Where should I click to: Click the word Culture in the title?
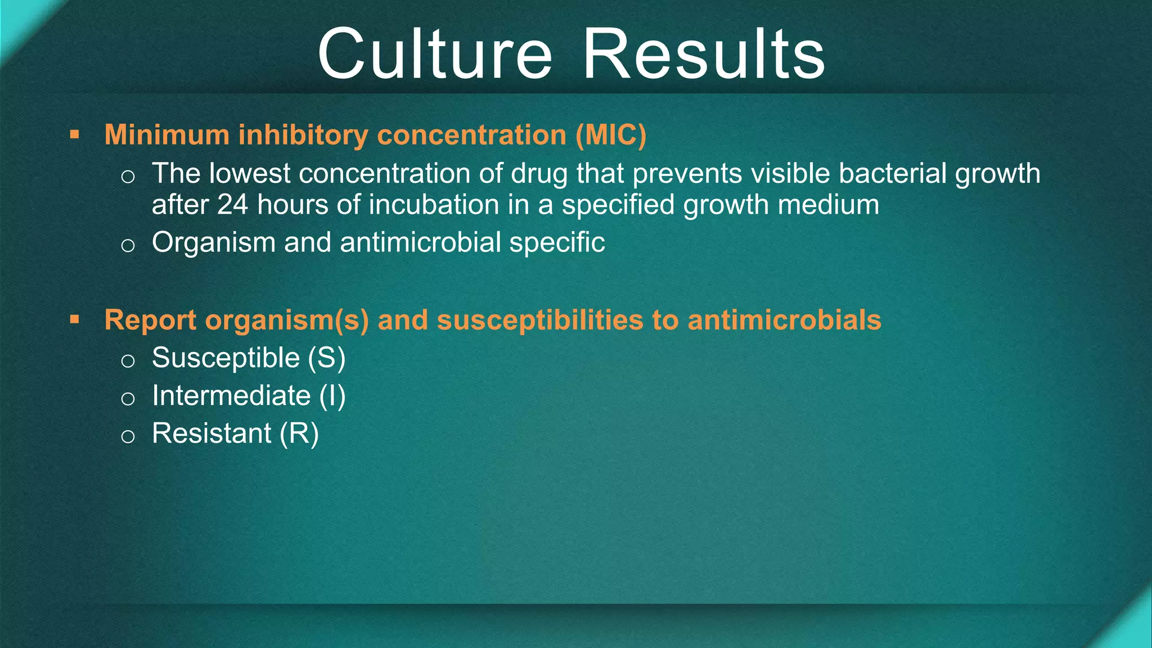435,55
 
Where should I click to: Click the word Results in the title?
704,55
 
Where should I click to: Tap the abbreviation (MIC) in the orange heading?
610,135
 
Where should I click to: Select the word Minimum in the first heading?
166,135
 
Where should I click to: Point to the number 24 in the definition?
232,205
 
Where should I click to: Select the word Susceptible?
226,358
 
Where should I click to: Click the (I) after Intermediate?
332,396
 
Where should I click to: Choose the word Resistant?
211,434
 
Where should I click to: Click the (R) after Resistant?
299,434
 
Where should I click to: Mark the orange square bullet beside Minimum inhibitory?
74,135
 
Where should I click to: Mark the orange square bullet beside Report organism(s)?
74,320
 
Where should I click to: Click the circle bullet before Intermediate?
128,399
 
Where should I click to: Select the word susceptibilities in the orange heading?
539,320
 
